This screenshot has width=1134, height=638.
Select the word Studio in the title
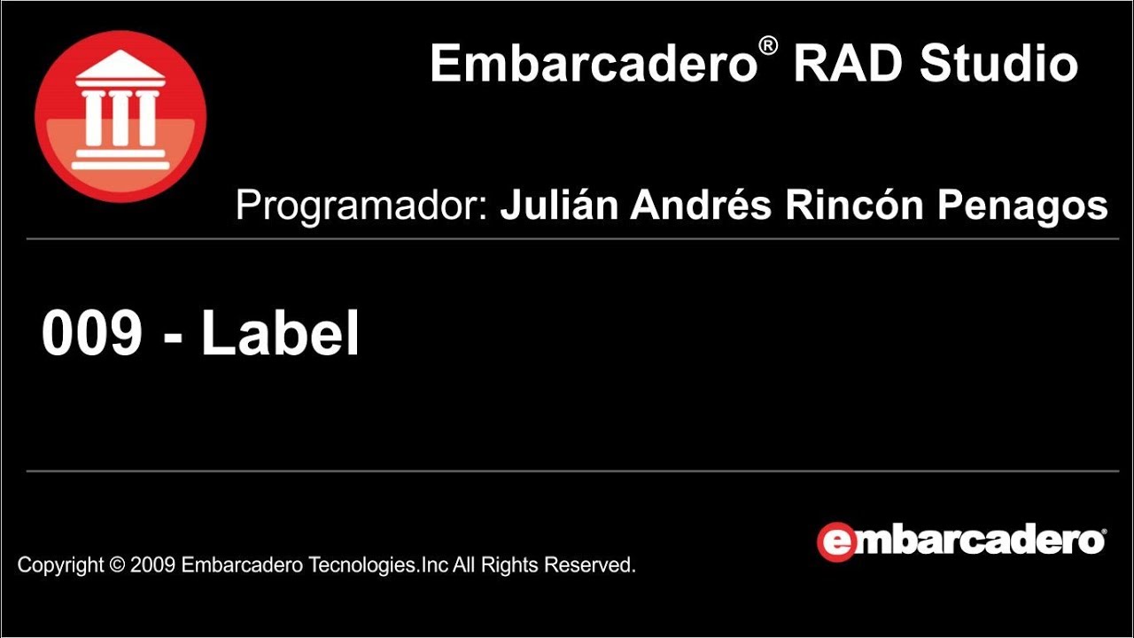tap(998, 64)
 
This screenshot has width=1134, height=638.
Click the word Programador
tap(362, 206)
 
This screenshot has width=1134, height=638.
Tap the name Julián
tap(560, 206)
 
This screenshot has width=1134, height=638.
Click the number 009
tap(92, 334)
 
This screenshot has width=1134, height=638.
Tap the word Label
tap(280, 334)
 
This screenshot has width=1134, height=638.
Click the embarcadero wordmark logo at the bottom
tap(961, 541)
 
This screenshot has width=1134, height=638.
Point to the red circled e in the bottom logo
tap(836, 541)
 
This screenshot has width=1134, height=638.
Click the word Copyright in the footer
tap(60, 564)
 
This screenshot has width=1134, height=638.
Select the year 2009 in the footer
tap(153, 564)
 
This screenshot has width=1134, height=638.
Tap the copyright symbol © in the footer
tap(116, 564)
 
